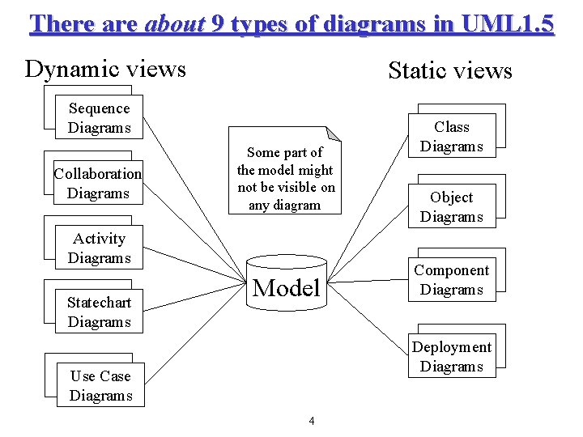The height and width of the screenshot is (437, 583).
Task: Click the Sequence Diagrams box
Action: pos(99,118)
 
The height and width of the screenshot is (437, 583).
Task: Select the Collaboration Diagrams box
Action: pos(97,184)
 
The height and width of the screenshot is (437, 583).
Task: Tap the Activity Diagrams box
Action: pos(99,248)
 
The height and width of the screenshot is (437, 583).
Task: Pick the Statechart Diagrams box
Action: pos(99,312)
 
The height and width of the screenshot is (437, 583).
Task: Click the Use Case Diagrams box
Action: pos(100,386)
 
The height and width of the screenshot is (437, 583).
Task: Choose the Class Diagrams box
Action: pos(452,137)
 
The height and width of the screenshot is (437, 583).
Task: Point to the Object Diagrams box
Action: pos(452,207)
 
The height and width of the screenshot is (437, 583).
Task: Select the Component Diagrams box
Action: pos(452,280)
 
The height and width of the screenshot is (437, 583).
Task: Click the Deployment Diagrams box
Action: pos(452,357)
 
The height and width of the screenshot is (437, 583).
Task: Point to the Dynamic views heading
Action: pos(105,69)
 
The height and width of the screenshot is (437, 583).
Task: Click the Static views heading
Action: pos(450,71)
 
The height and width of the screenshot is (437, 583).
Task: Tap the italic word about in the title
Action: pos(174,23)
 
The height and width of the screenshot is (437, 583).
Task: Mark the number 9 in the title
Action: pos(217,23)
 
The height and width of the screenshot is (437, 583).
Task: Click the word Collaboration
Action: pos(97,174)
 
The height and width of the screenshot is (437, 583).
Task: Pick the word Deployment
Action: pos(452,347)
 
